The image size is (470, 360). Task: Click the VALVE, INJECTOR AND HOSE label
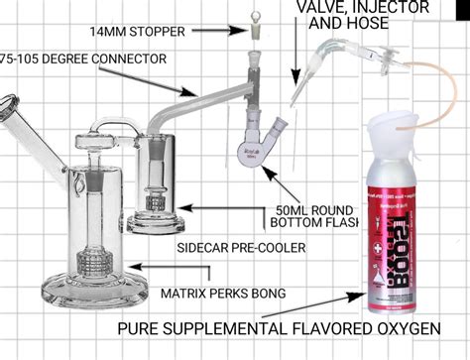coord(362,14)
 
